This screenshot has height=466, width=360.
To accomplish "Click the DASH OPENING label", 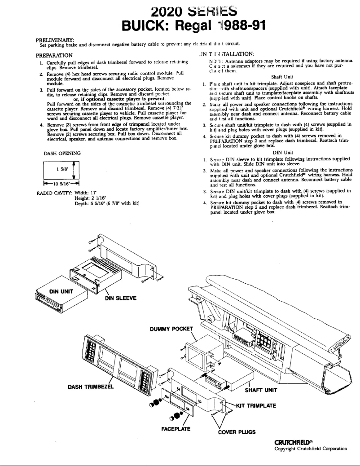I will pyautogui.click(x=62, y=153).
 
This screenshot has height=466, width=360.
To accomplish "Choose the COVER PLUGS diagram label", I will pyautogui.click(x=237, y=432).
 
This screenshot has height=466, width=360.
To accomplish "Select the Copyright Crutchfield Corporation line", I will pyautogui.click(x=311, y=448).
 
